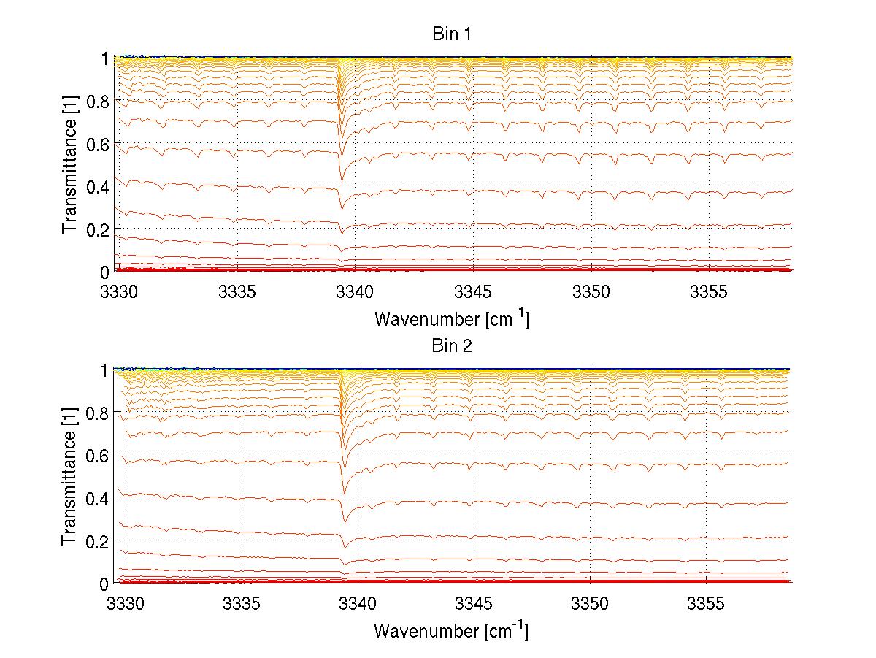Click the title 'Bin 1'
click(452, 34)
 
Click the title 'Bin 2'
click(452, 346)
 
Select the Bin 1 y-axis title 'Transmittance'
click(70, 164)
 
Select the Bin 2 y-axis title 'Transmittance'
click(70, 476)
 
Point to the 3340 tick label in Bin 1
click(356, 292)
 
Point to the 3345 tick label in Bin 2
click(474, 604)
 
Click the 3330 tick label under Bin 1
click(119, 292)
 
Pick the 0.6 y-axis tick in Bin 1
click(97, 143)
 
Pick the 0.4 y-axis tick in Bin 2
click(97, 498)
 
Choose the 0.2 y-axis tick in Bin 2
click(97, 541)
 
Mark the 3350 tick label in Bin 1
click(591, 292)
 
